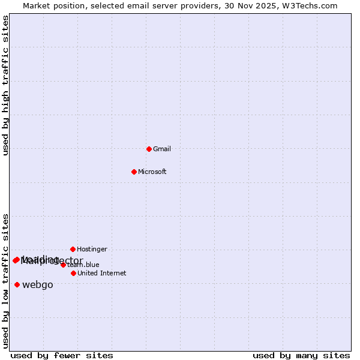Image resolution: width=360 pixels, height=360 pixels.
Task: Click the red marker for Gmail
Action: tap(149, 149)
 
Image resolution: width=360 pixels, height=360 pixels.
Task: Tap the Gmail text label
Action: tap(162, 149)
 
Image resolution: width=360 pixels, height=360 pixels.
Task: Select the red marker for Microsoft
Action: tap(134, 172)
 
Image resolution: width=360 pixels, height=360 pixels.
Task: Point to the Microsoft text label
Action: tap(152, 172)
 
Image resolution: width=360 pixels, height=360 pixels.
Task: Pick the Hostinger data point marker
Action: tap(73, 249)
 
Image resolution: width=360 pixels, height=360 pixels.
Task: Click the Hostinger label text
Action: tap(92, 249)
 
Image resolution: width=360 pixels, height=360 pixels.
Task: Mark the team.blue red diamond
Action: tap(63, 265)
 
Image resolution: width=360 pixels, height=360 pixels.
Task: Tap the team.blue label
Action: tap(83, 265)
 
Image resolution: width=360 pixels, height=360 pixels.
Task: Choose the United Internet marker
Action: tap(73, 273)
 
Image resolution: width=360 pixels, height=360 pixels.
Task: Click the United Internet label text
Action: tap(101, 273)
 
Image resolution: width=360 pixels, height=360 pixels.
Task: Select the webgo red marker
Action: tap(17, 284)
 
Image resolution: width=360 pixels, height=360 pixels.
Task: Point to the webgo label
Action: tap(38, 285)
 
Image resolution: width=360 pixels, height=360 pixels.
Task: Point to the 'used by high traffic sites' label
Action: tap(5, 85)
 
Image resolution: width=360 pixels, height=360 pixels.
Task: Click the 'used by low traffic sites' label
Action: tap(5, 281)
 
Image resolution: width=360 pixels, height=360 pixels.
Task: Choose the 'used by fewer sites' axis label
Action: tap(62, 355)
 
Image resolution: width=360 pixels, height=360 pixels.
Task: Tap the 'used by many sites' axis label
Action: tap(301, 355)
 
